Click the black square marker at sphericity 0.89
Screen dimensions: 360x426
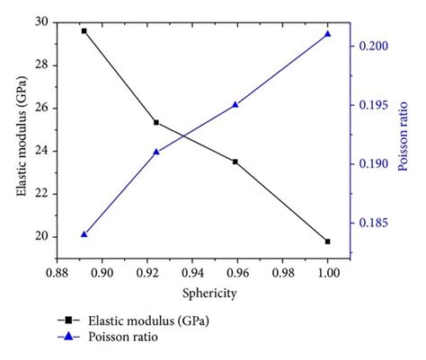pyautogui.click(x=84, y=31)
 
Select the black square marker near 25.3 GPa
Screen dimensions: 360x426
pyautogui.click(x=156, y=122)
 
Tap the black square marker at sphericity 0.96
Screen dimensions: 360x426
pyautogui.click(x=235, y=162)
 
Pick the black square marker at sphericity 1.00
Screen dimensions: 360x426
pyautogui.click(x=327, y=241)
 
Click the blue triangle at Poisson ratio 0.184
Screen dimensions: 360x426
pyautogui.click(x=84, y=233)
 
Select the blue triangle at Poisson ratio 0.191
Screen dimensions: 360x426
pyautogui.click(x=156, y=152)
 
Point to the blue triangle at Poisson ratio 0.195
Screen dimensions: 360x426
pyautogui.click(x=235, y=104)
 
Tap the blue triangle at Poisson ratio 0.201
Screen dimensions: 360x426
pyautogui.click(x=327, y=34)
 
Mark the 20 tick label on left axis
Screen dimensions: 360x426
pyautogui.click(x=41, y=236)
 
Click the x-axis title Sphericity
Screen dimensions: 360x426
pyautogui.click(x=192, y=293)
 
